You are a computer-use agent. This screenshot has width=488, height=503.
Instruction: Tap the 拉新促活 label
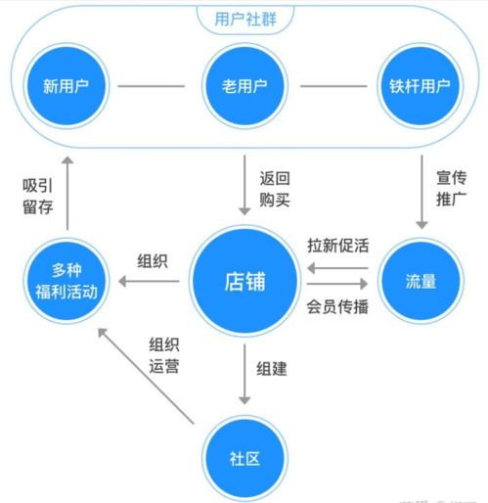(338, 245)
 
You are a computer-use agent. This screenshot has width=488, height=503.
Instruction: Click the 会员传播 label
(338, 305)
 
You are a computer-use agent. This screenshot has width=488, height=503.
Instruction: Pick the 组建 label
(272, 370)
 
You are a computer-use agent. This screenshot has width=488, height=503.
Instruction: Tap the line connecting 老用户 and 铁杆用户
(333, 85)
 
